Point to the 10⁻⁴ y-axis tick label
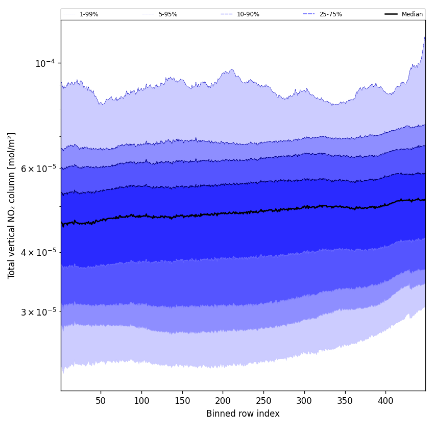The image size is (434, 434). [45, 63]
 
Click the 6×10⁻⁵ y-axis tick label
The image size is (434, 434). [39, 168]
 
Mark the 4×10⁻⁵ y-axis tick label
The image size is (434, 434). [39, 252]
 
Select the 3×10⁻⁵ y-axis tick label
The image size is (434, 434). [39, 311]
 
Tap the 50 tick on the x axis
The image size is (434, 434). [101, 401]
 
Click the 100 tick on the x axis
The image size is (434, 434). [141, 401]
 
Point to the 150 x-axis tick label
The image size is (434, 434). [182, 401]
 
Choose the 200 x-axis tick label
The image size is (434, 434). [223, 401]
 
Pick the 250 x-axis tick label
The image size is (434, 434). [263, 401]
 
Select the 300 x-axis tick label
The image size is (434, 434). [304, 401]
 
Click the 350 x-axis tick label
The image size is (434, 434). [345, 401]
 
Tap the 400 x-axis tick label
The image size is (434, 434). [385, 401]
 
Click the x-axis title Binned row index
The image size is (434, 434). [243, 414]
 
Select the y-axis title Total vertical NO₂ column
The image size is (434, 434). [12, 205]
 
